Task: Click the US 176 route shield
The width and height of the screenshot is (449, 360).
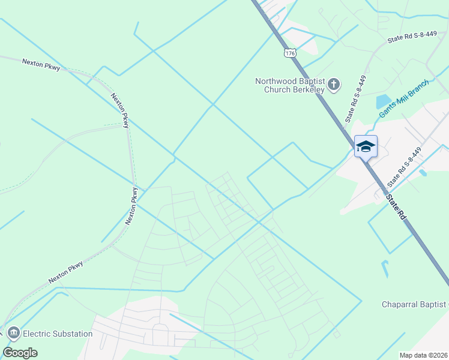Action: tap(291, 53)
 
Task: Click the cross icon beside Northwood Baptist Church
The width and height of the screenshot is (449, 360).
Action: tap(334, 85)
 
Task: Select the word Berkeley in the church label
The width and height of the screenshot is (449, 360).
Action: tap(309, 90)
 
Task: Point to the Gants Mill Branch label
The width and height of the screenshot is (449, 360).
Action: tap(404, 98)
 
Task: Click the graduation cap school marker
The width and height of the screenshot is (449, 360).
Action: tap(366, 146)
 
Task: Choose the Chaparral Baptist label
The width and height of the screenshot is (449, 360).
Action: tap(415, 304)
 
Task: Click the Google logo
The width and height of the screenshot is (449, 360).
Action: tap(20, 353)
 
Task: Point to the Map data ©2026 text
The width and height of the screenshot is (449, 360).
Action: tap(423, 355)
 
